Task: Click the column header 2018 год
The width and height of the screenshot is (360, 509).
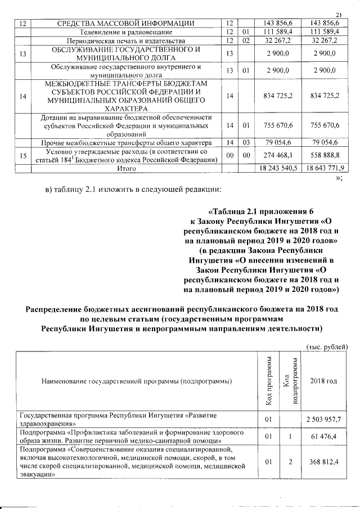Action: pyautogui.click(x=324, y=381)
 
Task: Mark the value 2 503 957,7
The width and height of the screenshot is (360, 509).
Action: pyautogui.click(x=324, y=419)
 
